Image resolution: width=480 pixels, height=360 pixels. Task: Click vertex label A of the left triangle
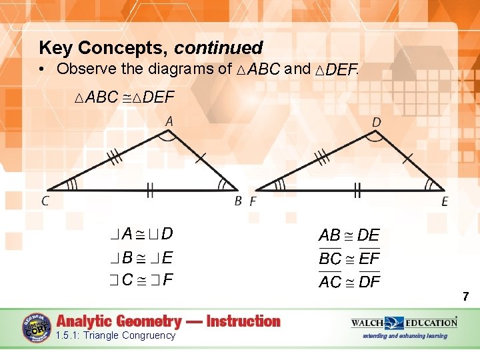(169, 121)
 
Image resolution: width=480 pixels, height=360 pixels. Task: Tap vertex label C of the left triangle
(45, 200)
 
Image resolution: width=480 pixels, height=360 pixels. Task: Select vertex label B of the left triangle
(238, 200)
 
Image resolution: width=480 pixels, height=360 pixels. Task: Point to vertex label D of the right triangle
(377, 122)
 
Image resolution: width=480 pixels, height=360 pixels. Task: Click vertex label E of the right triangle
(445, 201)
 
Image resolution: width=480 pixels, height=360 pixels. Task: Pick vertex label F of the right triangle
(253, 201)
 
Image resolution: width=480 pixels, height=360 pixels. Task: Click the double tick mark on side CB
(150, 192)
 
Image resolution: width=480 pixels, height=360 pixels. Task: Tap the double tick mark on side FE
(357, 192)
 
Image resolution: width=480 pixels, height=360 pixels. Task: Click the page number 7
(466, 296)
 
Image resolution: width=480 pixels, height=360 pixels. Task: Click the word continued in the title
(219, 48)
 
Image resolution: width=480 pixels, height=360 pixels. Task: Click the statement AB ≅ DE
(349, 235)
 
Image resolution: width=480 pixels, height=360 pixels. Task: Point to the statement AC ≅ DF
(349, 281)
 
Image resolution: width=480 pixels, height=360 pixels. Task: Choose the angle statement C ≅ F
(142, 279)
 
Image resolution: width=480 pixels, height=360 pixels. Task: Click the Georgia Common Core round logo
(37, 327)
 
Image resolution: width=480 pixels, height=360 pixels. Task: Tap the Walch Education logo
(404, 323)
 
